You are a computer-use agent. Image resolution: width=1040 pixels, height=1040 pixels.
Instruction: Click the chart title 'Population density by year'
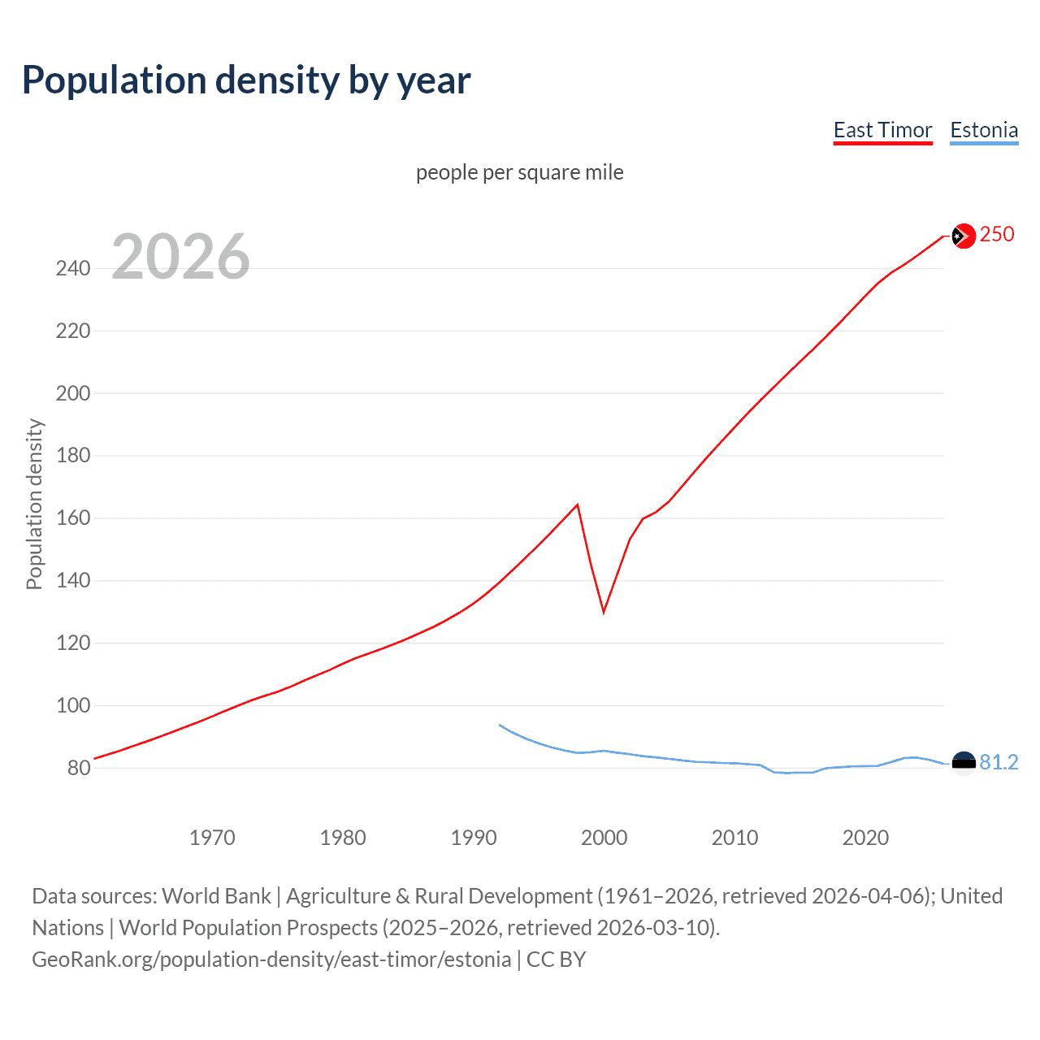pyautogui.click(x=246, y=80)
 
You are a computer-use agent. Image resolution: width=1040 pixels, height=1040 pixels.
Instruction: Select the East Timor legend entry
pyautogui.click(x=882, y=130)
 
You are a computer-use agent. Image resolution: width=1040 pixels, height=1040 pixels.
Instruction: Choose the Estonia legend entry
pyautogui.click(x=984, y=130)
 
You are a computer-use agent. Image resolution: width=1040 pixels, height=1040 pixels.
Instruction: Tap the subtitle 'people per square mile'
pyautogui.click(x=519, y=172)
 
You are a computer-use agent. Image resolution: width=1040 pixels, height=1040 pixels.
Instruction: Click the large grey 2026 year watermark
pyautogui.click(x=180, y=257)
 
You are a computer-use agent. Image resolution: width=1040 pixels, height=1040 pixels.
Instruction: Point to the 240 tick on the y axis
pyautogui.click(x=73, y=268)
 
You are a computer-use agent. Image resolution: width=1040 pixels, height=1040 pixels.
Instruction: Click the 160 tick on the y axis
pyautogui.click(x=73, y=518)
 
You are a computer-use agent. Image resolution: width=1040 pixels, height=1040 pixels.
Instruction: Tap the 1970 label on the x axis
pyautogui.click(x=212, y=838)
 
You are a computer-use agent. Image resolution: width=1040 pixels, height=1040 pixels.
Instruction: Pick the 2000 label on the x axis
pyautogui.click(x=604, y=838)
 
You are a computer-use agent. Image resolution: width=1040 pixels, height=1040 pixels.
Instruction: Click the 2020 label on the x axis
pyautogui.click(x=865, y=838)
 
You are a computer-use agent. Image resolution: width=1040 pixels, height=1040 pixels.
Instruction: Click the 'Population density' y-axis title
pyautogui.click(x=34, y=504)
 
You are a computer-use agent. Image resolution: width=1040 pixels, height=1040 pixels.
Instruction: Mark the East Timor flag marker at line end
pyautogui.click(x=963, y=236)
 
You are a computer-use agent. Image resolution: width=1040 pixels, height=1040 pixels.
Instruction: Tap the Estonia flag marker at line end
pyautogui.click(x=963, y=763)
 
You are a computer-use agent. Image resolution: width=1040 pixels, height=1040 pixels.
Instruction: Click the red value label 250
pyautogui.click(x=997, y=234)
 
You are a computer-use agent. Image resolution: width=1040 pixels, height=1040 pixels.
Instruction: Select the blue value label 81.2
pyautogui.click(x=999, y=762)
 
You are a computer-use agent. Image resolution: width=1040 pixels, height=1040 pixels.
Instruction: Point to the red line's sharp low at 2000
pyautogui.click(x=604, y=611)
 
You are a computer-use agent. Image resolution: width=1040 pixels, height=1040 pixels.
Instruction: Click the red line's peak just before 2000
pyautogui.click(x=577, y=505)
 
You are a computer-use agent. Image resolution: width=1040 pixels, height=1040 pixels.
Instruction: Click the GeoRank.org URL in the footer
pyautogui.click(x=271, y=959)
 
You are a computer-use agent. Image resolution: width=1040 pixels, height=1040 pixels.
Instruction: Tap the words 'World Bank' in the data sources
pyautogui.click(x=216, y=895)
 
